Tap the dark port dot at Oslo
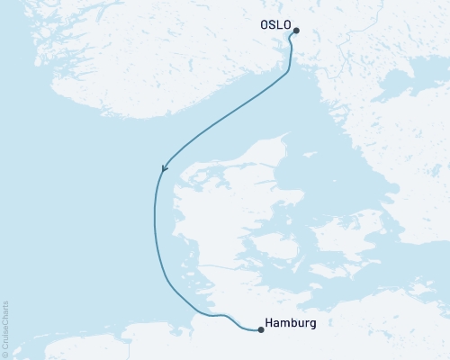pyautogui.click(x=295, y=31)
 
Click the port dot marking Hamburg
pyautogui.click(x=261, y=329)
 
